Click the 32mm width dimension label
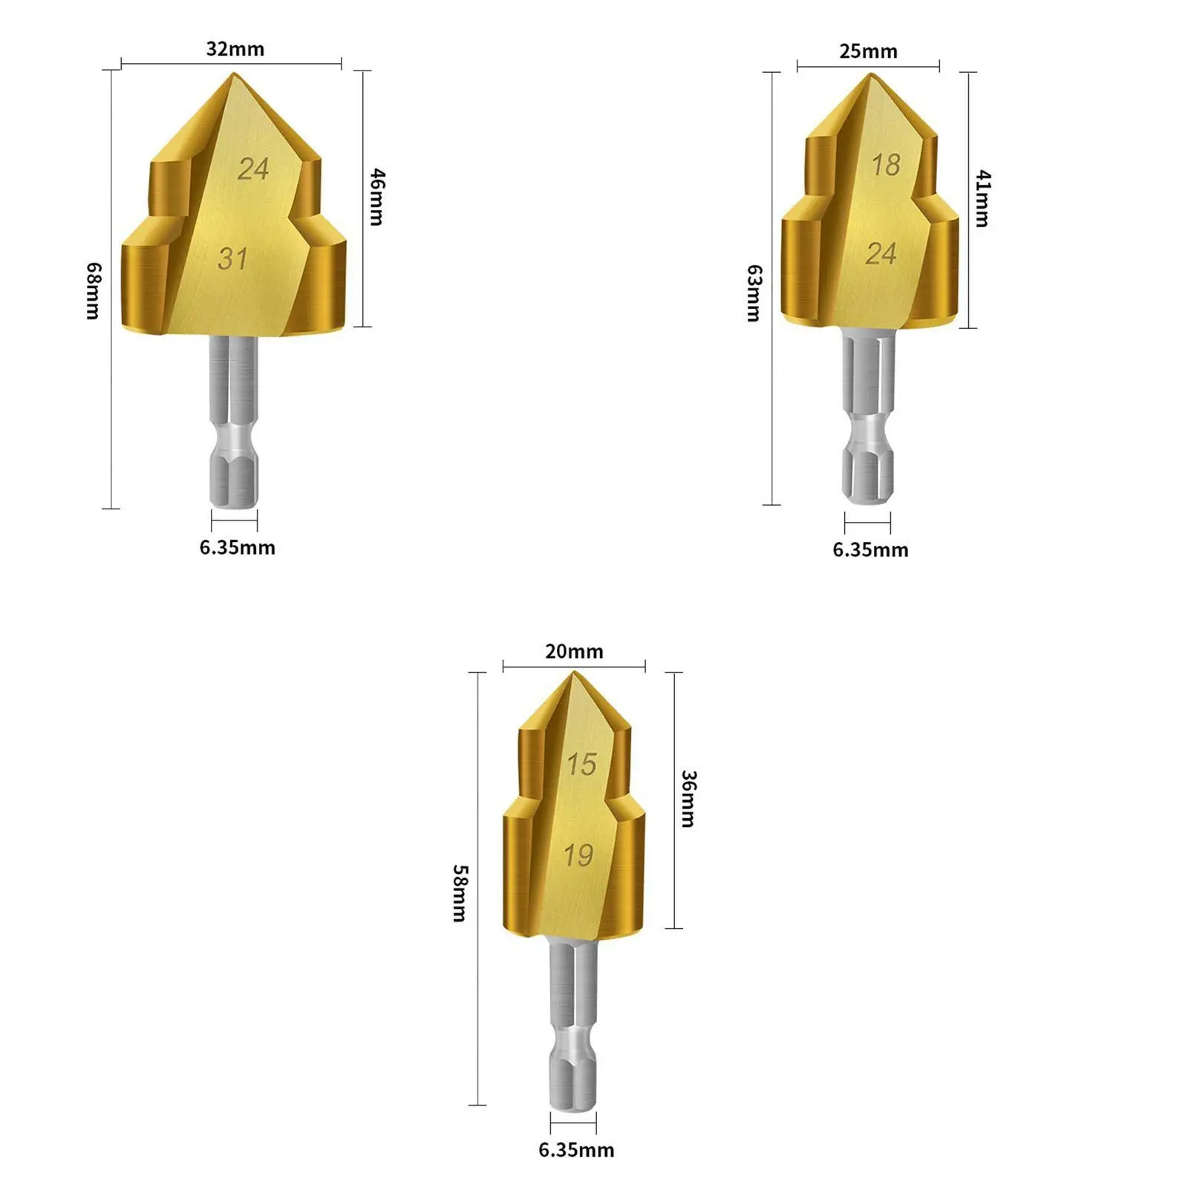[235, 49]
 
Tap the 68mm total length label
[93, 290]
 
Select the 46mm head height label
[377, 197]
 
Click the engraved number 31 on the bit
[232, 258]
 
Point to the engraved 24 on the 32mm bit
[252, 169]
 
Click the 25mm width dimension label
[868, 51]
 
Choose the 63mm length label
[754, 293]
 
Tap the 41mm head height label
[983, 198]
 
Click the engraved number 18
[886, 165]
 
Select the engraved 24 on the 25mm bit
[881, 254]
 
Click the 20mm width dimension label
[574, 651]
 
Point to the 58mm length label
[460, 892]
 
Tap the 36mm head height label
[688, 798]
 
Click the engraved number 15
[581, 764]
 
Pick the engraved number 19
[578, 855]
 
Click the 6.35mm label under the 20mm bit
[576, 1149]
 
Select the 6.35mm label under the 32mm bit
[237, 547]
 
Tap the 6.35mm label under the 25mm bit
[870, 549]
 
